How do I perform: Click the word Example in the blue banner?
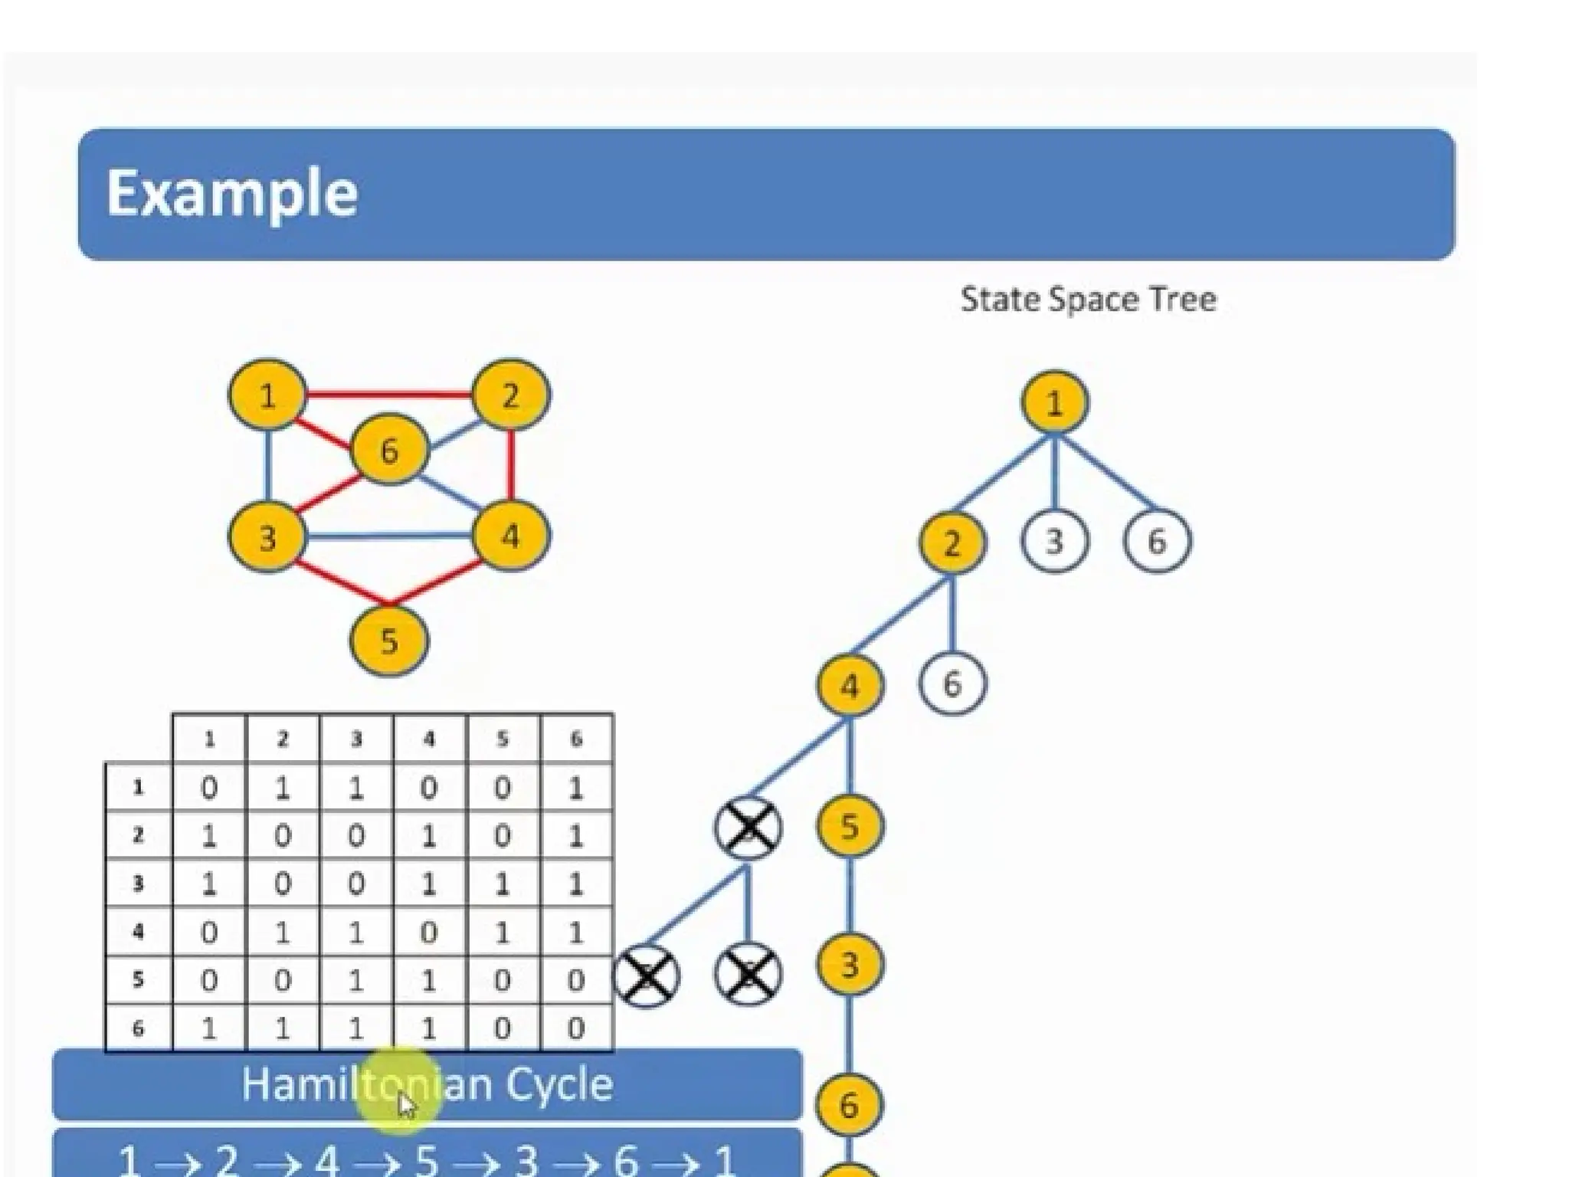(x=231, y=194)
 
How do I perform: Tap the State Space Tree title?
(x=1088, y=299)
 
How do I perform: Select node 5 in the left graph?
(x=388, y=641)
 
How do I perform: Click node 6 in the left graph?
(x=388, y=451)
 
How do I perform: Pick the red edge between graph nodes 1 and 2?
(x=388, y=395)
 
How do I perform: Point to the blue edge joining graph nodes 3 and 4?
(x=388, y=536)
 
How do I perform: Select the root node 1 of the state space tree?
(x=1054, y=402)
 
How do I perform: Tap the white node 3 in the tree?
(x=1054, y=542)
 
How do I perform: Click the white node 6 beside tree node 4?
(x=952, y=684)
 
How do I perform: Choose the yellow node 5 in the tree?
(x=849, y=826)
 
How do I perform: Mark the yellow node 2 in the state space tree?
(x=952, y=543)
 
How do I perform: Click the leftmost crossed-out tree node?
(x=646, y=975)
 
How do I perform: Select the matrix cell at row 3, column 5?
(x=502, y=884)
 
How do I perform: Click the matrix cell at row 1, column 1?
(x=208, y=788)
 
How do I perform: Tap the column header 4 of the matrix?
(x=429, y=739)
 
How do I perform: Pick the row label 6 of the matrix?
(x=138, y=1028)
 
